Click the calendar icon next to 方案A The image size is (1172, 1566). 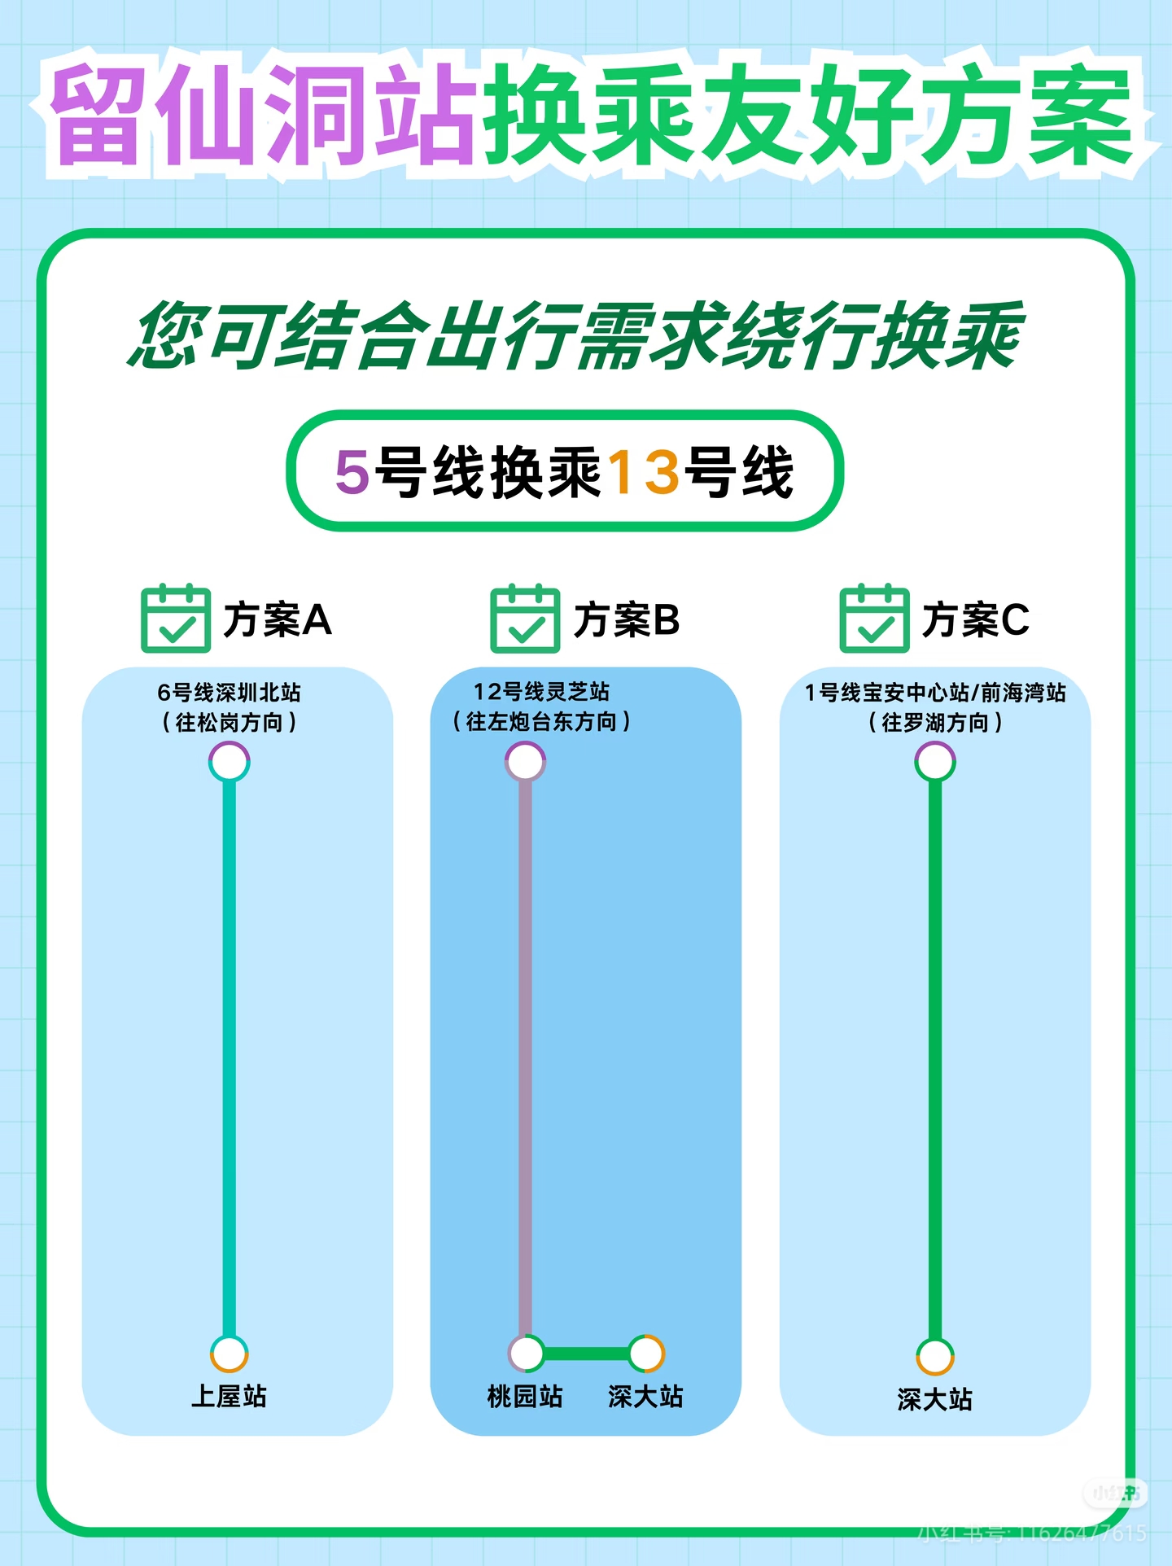coord(176,619)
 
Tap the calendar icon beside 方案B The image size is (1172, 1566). coord(525,619)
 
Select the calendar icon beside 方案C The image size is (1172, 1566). coord(874,619)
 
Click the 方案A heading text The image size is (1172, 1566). coord(278,619)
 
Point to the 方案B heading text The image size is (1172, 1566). coord(627,619)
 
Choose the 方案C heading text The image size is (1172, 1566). coord(976,619)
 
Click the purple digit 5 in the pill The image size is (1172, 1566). coord(352,472)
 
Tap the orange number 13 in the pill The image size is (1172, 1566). coord(644,472)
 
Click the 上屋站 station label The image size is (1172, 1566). coord(229,1396)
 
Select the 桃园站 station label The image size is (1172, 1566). coord(525,1396)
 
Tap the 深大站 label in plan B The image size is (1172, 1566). coord(645,1396)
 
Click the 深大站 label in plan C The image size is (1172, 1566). coord(935,1399)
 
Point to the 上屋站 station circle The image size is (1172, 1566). coord(230,1354)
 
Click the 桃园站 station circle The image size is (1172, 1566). coord(527,1354)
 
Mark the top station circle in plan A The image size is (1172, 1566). coord(230,763)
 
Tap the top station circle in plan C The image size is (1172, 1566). coord(935,762)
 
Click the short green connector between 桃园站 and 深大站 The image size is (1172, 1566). coord(586,1354)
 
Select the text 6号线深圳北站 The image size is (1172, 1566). coord(229,693)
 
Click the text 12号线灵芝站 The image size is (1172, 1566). coord(541,692)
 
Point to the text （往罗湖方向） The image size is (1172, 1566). coord(935,722)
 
